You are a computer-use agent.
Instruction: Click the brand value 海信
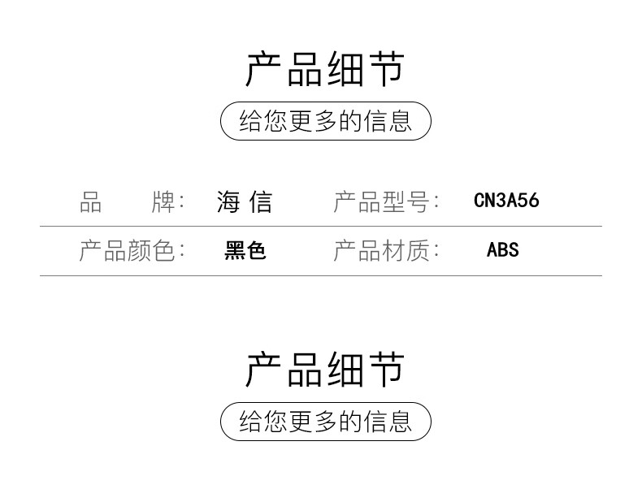245,201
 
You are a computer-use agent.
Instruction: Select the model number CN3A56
506,201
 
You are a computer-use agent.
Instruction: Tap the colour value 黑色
245,250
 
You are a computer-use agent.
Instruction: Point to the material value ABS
503,249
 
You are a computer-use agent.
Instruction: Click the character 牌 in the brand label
163,201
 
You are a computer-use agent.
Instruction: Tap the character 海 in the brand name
228,201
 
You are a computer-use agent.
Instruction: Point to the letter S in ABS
514,249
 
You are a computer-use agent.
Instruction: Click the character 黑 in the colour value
235,250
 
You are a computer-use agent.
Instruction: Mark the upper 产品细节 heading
325,69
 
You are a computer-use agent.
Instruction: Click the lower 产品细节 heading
325,369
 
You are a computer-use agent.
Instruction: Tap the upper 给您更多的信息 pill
326,121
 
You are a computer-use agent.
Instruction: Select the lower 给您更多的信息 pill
326,422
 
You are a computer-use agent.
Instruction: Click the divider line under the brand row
321,226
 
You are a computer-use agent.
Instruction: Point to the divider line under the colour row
321,275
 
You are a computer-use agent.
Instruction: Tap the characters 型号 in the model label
406,201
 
